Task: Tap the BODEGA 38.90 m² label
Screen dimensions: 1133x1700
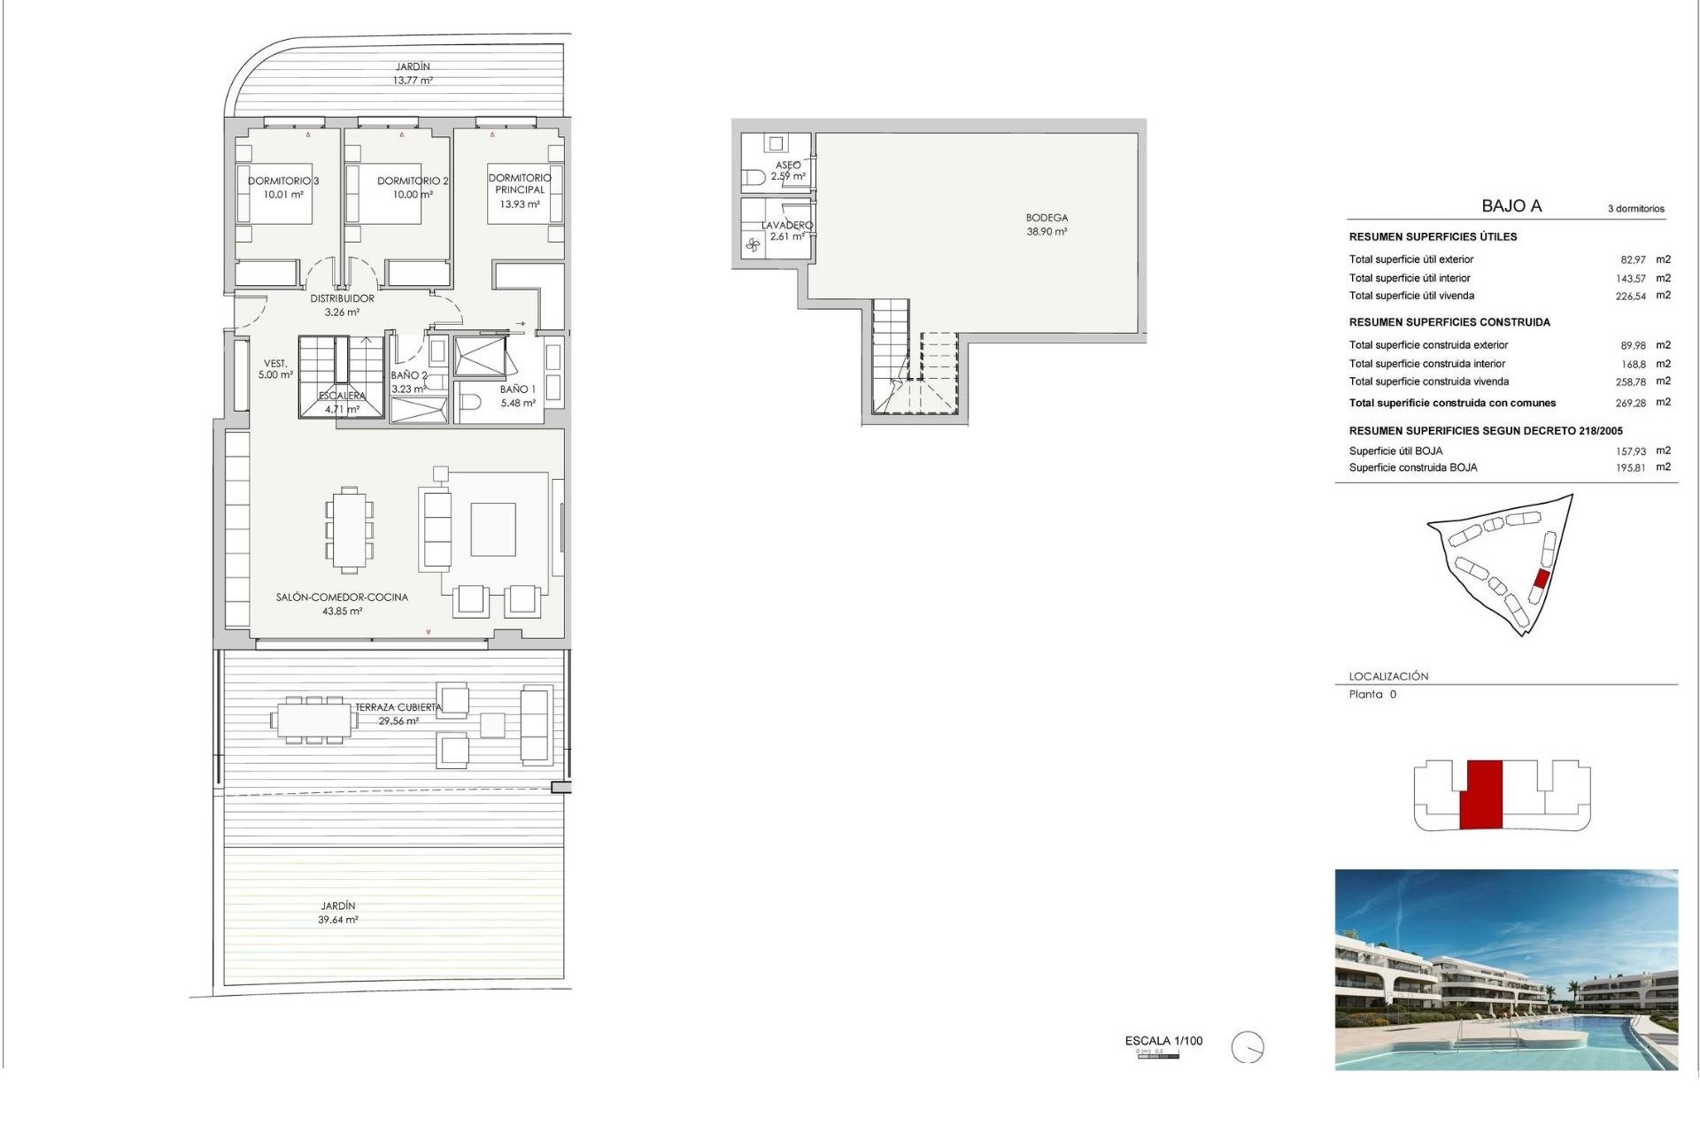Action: pos(1047,224)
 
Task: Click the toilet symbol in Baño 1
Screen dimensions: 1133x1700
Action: pos(470,402)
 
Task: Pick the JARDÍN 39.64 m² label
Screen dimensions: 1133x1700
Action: pos(338,913)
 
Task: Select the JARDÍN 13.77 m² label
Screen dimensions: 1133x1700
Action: pos(413,73)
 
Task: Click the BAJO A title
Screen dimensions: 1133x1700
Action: pos(1511,206)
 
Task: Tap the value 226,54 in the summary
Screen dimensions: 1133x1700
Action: pos(1630,297)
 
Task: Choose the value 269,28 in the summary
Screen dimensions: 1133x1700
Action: pos(1630,403)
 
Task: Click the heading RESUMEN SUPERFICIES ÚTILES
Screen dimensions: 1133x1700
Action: pos(1433,237)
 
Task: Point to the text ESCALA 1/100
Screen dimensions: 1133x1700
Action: pos(1163,1041)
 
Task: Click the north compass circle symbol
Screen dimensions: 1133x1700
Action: pos(1248,1048)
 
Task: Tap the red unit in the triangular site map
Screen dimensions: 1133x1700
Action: pos(1541,580)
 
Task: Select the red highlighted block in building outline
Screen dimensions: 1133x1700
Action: pos(1480,794)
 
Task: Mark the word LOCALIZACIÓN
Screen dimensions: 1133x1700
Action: pos(1388,676)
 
